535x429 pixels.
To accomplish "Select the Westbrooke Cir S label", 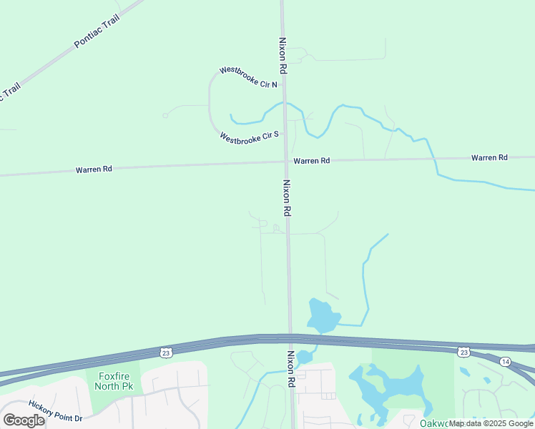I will point(249,137).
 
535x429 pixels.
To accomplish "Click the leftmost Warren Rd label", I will point(94,169).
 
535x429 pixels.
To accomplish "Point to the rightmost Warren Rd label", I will point(489,157).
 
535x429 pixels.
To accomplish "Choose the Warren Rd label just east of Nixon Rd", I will point(311,161).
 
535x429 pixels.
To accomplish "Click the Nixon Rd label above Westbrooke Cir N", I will point(283,56).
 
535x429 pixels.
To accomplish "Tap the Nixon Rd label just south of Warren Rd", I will point(286,198).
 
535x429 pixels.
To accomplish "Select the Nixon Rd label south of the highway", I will point(291,369).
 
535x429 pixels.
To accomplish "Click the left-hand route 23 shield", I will point(166,352).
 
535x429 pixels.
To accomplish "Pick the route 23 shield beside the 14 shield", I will point(463,352).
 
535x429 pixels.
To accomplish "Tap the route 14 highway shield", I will point(505,361).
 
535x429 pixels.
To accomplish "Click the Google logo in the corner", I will point(24,420).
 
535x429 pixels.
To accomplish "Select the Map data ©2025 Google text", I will point(491,423).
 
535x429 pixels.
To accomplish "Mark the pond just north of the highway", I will point(321,315).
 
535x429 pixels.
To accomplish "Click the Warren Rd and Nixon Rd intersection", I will point(285,162).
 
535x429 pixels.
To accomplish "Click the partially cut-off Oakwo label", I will point(434,423).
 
